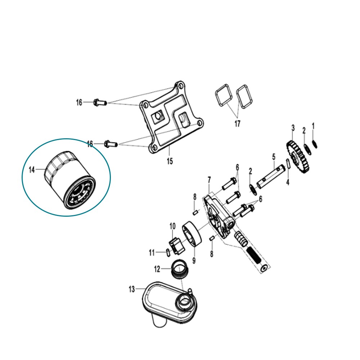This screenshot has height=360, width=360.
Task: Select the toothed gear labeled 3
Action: pyautogui.click(x=298, y=158)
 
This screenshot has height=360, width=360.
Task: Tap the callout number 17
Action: pyautogui.click(x=237, y=123)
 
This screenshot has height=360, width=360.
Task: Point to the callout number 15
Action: pyautogui.click(x=170, y=161)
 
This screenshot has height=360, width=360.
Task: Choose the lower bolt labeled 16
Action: pyautogui.click(x=111, y=144)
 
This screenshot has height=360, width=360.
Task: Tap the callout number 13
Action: pyautogui.click(x=131, y=289)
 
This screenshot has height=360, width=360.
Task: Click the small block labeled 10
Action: pyautogui.click(x=177, y=246)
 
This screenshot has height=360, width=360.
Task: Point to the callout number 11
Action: pyautogui.click(x=152, y=253)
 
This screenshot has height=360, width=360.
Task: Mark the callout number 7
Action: pyautogui.click(x=209, y=180)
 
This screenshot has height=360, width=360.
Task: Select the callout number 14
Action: pyautogui.click(x=32, y=170)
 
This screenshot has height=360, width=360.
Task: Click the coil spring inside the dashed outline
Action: pyautogui.click(x=255, y=256)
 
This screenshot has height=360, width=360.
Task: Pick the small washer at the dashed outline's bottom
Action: pyautogui.click(x=264, y=268)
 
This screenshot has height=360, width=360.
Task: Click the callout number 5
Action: pyautogui.click(x=274, y=157)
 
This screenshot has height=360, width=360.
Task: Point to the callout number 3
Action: pyautogui.click(x=293, y=128)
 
